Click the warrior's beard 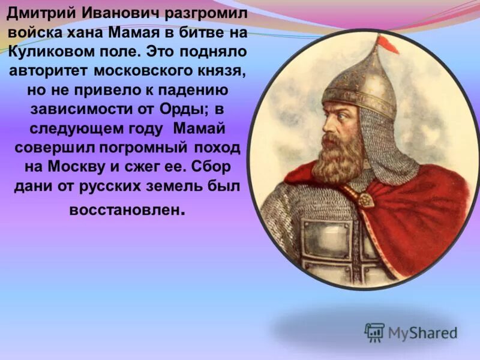[339, 156]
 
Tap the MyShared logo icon [375, 332]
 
